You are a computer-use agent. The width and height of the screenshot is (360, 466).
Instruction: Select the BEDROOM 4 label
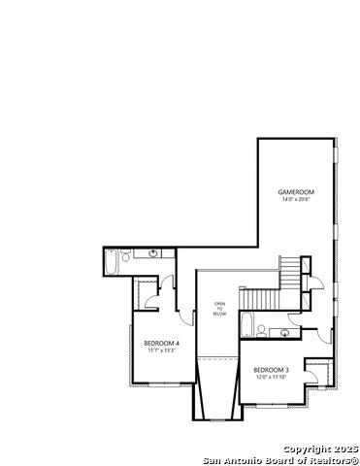[159, 343]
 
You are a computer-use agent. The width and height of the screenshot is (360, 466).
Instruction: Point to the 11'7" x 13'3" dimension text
[159, 350]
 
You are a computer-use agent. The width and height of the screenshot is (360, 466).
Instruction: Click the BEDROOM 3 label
[271, 370]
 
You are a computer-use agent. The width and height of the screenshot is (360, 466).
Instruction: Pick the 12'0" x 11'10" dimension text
[271, 378]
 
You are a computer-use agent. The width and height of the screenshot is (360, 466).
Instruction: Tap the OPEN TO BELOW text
[218, 310]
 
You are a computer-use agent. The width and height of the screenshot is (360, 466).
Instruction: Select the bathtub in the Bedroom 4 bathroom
[113, 262]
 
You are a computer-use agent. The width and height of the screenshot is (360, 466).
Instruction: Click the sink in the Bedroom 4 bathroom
[154, 254]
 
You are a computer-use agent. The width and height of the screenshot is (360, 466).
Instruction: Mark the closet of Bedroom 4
[146, 292]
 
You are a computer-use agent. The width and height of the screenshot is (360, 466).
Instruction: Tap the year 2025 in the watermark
[345, 449]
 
